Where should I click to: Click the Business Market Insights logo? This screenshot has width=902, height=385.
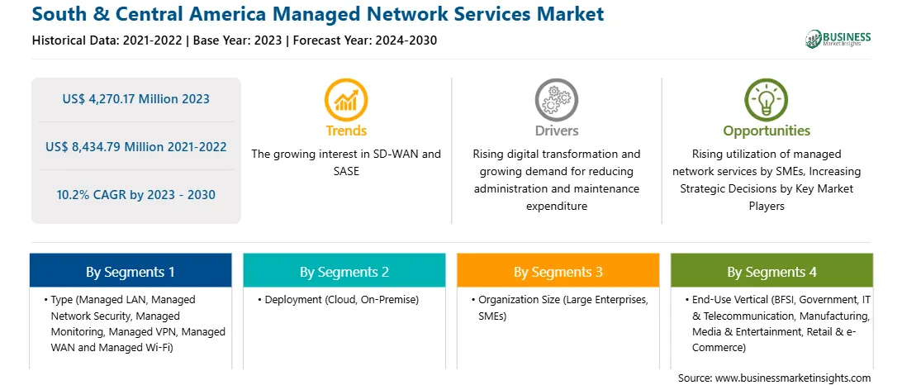(838, 39)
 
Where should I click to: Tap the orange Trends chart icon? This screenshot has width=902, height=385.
(346, 100)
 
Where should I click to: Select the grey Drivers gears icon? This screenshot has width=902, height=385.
(556, 100)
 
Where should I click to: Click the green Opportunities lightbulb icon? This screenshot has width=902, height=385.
(767, 100)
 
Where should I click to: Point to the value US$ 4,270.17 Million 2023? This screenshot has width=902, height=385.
(135, 99)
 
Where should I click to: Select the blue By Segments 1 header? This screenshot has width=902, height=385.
(130, 272)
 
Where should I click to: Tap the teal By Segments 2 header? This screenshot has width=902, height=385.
(344, 272)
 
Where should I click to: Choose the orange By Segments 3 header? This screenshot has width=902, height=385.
(558, 272)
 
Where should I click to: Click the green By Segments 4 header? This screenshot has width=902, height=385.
(772, 272)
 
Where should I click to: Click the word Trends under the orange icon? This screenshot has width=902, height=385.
(346, 131)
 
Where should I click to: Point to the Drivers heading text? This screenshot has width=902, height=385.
(557, 131)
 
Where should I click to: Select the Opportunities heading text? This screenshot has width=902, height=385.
(767, 131)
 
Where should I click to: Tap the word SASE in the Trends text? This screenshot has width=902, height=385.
(346, 171)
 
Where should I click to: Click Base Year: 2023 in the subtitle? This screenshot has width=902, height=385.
(238, 40)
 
